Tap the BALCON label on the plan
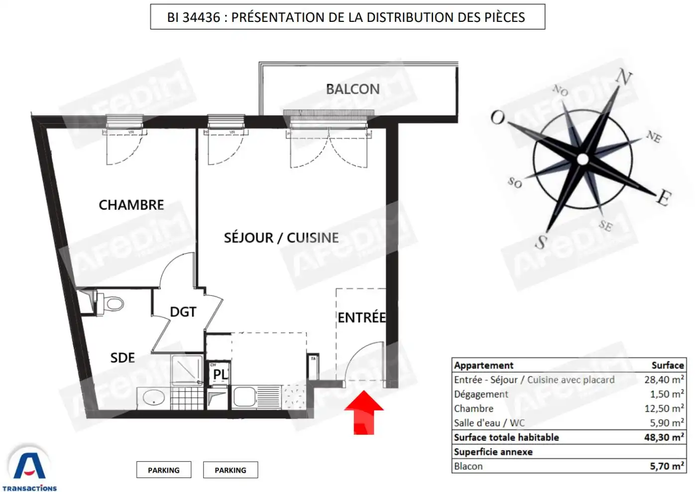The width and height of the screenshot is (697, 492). tap(352, 89)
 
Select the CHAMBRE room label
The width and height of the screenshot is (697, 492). tap(131, 205)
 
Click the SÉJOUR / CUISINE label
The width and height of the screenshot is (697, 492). tap(281, 238)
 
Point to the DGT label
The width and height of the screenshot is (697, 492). tap(183, 312)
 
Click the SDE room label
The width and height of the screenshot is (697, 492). tap(122, 358)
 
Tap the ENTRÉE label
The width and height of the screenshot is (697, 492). tap(361, 317)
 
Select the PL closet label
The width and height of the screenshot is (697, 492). tap(220, 373)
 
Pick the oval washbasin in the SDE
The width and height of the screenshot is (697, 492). tap(154, 398)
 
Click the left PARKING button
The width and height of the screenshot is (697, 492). tap(164, 470)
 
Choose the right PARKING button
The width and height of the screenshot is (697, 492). tap(231, 470)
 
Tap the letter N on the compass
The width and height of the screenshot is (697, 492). tap(623, 78)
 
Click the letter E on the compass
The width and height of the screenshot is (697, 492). tap(663, 198)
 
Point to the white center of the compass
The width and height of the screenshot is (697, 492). tap(582, 159)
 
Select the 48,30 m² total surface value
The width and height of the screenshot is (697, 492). tap(664, 437)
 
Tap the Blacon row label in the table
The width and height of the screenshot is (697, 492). tap(468, 466)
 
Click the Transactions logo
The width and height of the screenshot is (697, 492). tap(30, 469)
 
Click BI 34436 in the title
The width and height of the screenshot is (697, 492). tap(193, 17)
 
